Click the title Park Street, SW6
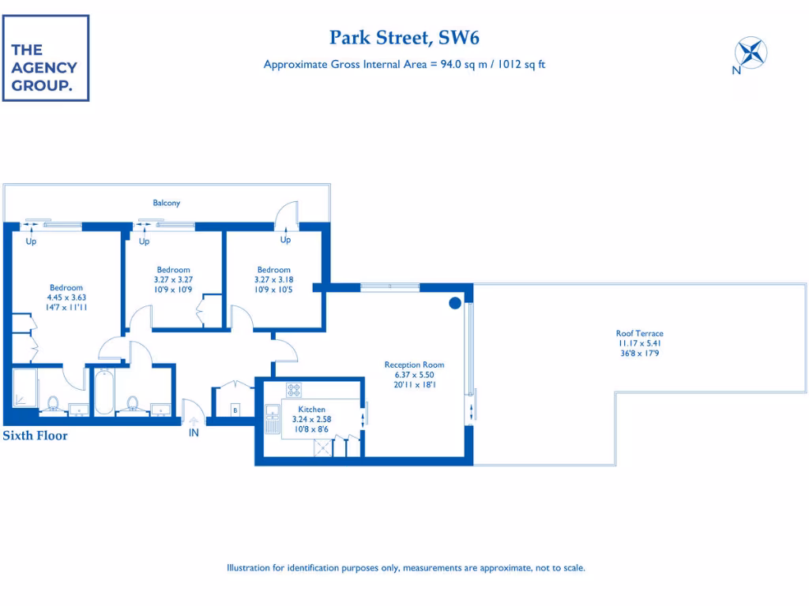click(x=404, y=37)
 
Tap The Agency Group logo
click(x=45, y=58)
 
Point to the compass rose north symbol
click(x=751, y=53)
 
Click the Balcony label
click(x=166, y=203)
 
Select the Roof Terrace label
click(x=639, y=334)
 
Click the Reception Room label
click(x=414, y=365)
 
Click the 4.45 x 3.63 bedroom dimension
click(x=66, y=297)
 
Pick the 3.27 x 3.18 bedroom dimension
click(x=273, y=279)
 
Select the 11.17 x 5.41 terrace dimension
click(x=639, y=343)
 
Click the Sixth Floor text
click(x=36, y=436)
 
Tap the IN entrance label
click(x=194, y=433)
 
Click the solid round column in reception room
click(x=455, y=303)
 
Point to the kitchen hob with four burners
click(x=294, y=390)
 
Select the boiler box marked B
click(x=235, y=410)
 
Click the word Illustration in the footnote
click(x=250, y=567)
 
